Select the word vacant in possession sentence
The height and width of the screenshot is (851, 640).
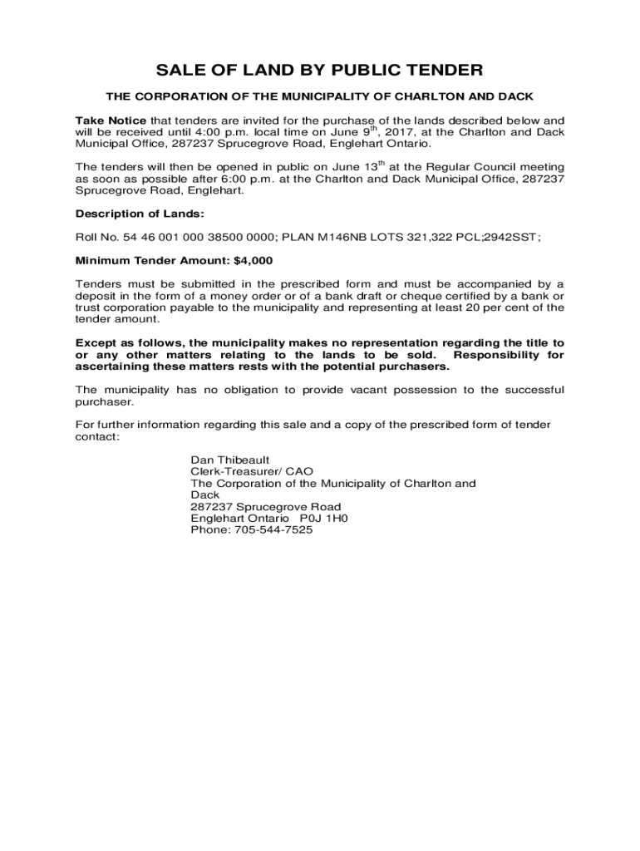coord(367,390)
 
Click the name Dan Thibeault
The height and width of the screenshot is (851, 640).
coord(230,460)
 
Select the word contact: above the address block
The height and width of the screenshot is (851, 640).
coord(97,436)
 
